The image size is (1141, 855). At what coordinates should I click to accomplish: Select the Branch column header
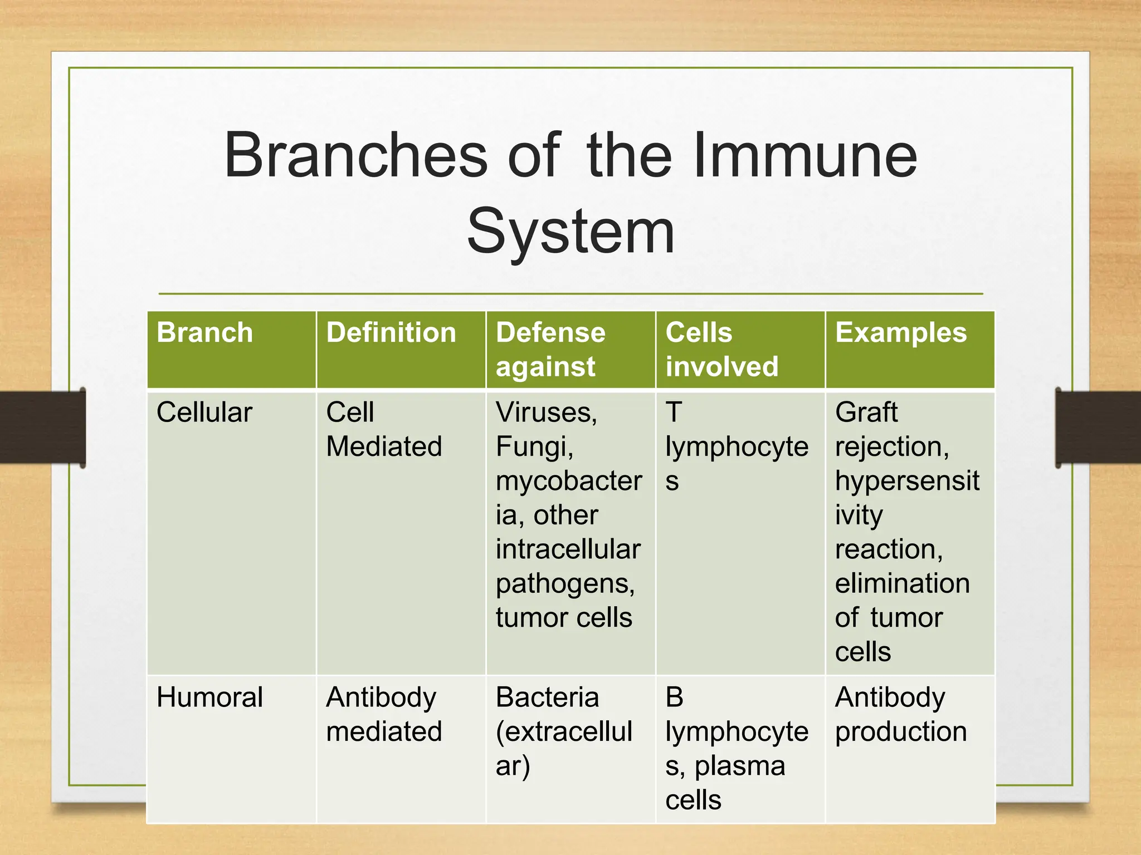[x=205, y=333]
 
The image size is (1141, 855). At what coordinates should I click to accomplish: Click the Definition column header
[x=391, y=333]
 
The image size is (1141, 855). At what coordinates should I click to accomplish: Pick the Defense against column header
[x=550, y=349]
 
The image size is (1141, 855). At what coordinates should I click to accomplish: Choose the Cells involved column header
[x=721, y=349]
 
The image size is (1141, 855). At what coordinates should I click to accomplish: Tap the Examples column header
[x=900, y=333]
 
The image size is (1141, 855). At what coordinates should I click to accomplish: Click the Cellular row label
[x=204, y=412]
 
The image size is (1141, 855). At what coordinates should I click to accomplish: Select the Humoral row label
[x=209, y=697]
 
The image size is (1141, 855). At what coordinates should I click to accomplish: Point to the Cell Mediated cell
[x=384, y=429]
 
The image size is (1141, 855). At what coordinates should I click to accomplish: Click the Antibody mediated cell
[x=384, y=714]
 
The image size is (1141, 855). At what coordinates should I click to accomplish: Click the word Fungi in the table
[x=534, y=446]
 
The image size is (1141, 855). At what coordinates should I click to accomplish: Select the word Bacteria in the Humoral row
[x=547, y=697]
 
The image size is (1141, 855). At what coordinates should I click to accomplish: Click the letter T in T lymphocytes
[x=674, y=412]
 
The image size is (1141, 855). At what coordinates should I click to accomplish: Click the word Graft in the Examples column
[x=866, y=412]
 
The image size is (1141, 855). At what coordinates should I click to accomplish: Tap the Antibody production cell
[x=900, y=714]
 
